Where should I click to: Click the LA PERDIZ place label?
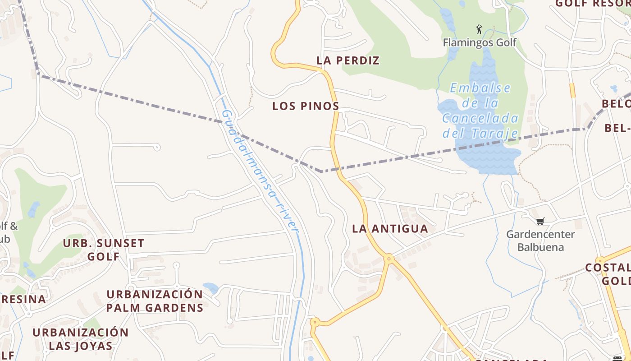[x=348, y=60]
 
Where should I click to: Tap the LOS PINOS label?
[x=306, y=106]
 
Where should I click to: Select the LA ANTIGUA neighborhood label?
[x=390, y=229]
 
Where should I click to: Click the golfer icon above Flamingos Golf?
[x=479, y=30]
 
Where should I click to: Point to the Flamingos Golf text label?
[x=480, y=43]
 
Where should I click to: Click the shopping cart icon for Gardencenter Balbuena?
[x=540, y=221]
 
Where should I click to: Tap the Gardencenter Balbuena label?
[x=540, y=241]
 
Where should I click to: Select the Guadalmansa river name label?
[x=261, y=171]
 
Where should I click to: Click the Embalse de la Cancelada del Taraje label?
[x=480, y=111]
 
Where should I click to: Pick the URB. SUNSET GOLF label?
[x=104, y=250]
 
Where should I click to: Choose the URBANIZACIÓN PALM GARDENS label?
[x=155, y=301]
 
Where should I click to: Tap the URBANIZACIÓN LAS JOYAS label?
[x=81, y=339]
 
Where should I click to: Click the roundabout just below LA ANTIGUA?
[x=389, y=259]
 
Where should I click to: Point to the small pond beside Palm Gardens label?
[x=210, y=287]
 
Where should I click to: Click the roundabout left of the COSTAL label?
[x=599, y=260]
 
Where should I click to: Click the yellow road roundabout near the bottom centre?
[x=315, y=322]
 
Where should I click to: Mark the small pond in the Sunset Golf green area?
[x=33, y=209]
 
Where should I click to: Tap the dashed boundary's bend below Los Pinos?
[x=320, y=171]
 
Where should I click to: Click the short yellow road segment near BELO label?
[x=572, y=90]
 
